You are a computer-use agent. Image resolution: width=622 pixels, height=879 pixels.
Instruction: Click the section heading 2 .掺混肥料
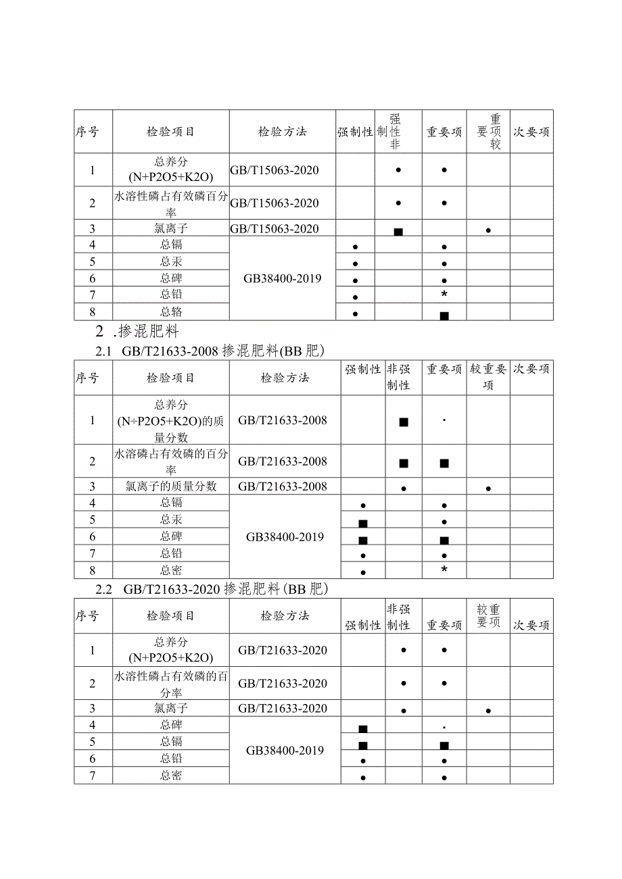pos(138,331)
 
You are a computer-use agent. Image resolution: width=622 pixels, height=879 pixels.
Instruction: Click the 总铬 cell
pos(171,311)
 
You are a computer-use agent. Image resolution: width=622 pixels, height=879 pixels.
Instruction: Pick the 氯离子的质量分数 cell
pos(171,486)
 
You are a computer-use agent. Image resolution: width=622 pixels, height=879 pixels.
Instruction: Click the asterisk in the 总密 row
pos(444,570)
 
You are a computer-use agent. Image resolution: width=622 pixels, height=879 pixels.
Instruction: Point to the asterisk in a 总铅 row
pos(444,295)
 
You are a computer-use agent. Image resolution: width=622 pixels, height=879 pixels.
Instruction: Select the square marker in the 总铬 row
pos(444,316)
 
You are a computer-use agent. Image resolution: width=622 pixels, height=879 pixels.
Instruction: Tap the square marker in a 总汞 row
pos(363,524)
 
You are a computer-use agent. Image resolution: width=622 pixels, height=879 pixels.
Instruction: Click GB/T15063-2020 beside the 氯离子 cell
pos(274,228)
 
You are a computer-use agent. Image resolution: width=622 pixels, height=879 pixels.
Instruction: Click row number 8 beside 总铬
pos(93,311)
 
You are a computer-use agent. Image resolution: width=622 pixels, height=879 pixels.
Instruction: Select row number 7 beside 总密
pos(93,776)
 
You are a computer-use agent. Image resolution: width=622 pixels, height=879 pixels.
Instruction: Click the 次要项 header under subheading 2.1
pos(531,369)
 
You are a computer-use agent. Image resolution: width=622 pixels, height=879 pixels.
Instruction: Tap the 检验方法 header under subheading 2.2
pos(285,616)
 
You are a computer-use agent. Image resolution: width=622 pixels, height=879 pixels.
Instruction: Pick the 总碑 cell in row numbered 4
pos(171,725)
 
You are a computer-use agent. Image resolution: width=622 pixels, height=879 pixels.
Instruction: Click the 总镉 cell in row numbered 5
pos(171,742)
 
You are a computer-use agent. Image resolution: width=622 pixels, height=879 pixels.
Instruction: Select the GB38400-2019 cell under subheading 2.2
pos(285,750)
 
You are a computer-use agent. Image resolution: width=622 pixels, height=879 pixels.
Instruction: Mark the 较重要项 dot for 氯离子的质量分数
pos(488,488)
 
